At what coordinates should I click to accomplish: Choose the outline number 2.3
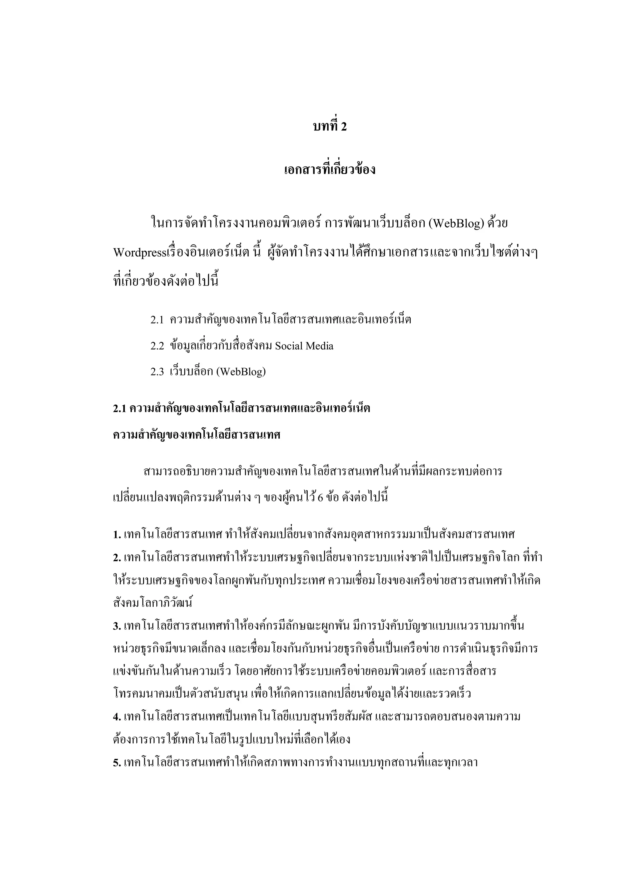coord(157,372)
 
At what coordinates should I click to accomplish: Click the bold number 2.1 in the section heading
coord(120,408)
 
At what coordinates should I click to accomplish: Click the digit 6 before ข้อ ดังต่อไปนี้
coord(320,498)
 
